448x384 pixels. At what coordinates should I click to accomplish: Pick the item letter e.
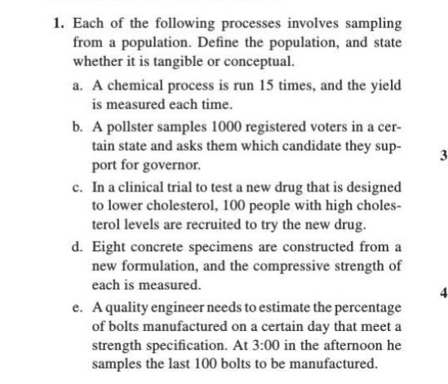tap(76, 310)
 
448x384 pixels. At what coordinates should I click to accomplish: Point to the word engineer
tap(186, 310)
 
